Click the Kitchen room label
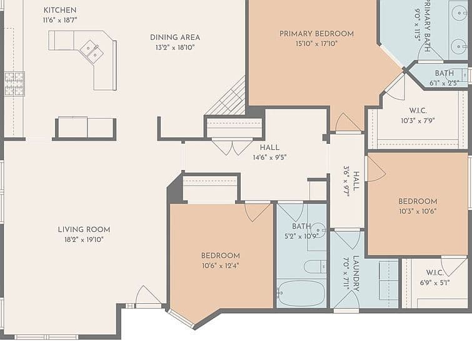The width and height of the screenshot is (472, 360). pyautogui.click(x=60, y=10)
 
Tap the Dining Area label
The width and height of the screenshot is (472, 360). pyautogui.click(x=175, y=37)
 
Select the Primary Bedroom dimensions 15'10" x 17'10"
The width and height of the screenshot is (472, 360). pyautogui.click(x=316, y=44)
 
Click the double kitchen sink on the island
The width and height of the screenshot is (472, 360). pyautogui.click(x=92, y=51)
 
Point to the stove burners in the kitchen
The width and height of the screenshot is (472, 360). pyautogui.click(x=14, y=84)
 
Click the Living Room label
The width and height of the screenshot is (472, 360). pyautogui.click(x=84, y=229)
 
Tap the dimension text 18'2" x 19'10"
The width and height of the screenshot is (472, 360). pyautogui.click(x=84, y=240)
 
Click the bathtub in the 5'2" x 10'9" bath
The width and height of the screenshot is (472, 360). pyautogui.click(x=301, y=293)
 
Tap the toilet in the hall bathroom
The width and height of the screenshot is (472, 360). pyautogui.click(x=315, y=267)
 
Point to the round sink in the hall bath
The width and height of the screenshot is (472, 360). pyautogui.click(x=318, y=230)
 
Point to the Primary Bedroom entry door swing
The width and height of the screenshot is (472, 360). pyautogui.click(x=348, y=122)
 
